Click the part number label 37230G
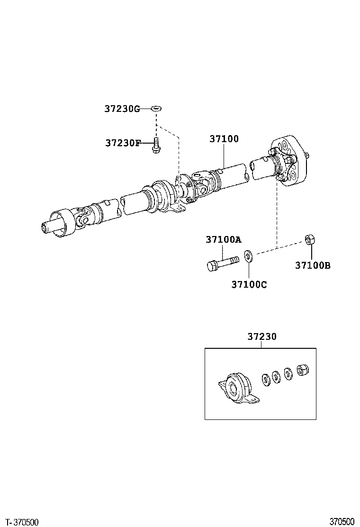click(122, 109)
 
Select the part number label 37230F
click(123, 143)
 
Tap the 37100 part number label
click(224, 139)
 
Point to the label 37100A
click(223, 240)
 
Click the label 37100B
click(313, 265)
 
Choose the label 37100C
click(249, 284)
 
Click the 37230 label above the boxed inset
click(261, 337)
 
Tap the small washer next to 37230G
click(156, 109)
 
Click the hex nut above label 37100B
click(310, 240)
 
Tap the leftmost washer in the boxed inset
click(266, 379)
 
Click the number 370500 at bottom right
click(342, 522)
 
